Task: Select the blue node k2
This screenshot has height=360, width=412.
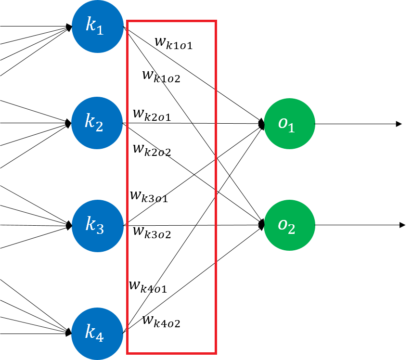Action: click(96, 123)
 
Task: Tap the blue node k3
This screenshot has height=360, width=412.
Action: click(96, 225)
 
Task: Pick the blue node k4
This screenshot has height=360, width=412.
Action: click(96, 333)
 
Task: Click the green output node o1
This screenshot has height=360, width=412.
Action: click(289, 124)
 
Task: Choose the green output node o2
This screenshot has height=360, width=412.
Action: click(289, 225)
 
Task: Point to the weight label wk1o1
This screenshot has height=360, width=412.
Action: click(174, 42)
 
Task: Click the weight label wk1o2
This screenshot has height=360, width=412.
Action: click(161, 77)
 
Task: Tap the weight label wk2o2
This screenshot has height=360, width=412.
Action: click(152, 149)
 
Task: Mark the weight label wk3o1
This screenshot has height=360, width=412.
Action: click(149, 196)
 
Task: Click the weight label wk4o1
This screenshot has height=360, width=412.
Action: click(148, 286)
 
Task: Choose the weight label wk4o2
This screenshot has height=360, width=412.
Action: click(161, 321)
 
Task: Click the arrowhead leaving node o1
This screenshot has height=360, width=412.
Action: click(399, 124)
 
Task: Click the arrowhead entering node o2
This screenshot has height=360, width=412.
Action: click(262, 224)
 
